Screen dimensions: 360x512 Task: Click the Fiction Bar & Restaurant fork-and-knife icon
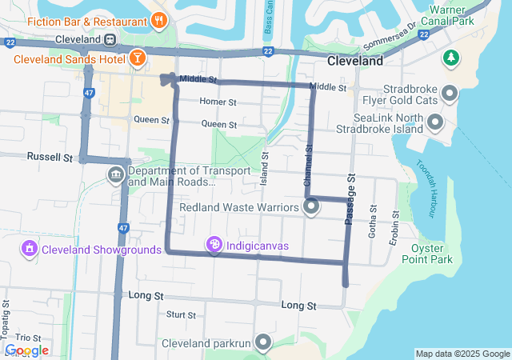(x=160, y=21)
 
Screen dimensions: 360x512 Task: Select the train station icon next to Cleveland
(x=109, y=39)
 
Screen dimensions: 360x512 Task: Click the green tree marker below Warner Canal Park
(x=451, y=58)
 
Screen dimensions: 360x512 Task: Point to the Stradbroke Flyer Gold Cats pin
(x=450, y=94)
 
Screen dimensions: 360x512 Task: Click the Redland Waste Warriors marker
(x=311, y=207)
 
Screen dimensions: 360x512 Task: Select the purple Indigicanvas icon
(x=214, y=245)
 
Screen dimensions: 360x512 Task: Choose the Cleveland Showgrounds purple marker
(x=30, y=249)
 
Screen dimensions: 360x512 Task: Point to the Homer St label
(x=218, y=102)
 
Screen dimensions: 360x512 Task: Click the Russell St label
(x=50, y=157)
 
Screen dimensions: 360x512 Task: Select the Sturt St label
(x=182, y=314)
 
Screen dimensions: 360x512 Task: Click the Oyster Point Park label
(x=431, y=254)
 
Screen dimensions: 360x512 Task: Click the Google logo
(x=26, y=350)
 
